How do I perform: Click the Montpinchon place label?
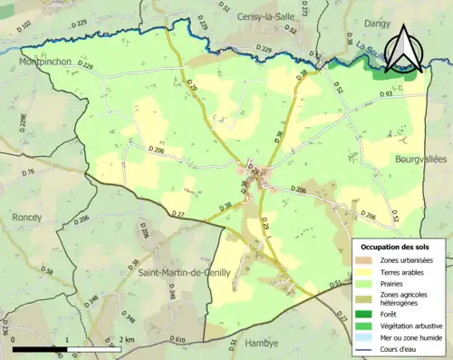[x=46, y=62]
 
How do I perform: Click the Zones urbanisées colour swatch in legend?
[x=361, y=260]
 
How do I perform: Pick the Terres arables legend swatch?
[x=361, y=271]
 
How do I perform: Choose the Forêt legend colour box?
[x=361, y=314]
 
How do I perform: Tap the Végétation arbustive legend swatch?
[x=361, y=325]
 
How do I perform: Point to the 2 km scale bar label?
[x=126, y=339]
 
